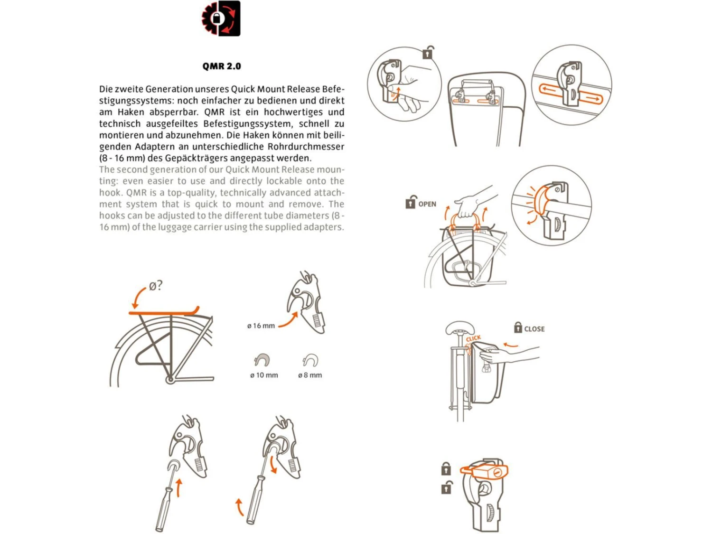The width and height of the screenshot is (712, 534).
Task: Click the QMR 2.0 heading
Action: [222, 66]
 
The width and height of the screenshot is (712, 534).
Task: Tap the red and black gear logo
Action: [221, 19]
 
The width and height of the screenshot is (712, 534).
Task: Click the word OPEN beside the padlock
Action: [427, 204]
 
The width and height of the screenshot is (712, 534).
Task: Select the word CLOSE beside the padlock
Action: [534, 329]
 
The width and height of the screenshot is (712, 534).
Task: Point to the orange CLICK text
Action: [473, 339]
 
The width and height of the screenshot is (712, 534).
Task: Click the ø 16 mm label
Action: [261, 326]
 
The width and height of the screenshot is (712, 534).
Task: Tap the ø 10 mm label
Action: [264, 375]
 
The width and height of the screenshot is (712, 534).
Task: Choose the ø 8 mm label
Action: [310, 375]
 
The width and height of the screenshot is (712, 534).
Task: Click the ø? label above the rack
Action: [155, 286]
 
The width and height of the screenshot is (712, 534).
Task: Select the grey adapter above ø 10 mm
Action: [262, 360]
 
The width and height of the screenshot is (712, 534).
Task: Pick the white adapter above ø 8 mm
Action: [310, 360]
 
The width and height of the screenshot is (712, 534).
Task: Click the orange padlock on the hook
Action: [484, 471]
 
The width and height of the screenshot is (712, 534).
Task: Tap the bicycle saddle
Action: [459, 328]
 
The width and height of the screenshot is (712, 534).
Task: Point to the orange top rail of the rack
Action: [164, 312]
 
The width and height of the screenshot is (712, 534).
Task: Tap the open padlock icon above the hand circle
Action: [428, 52]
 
